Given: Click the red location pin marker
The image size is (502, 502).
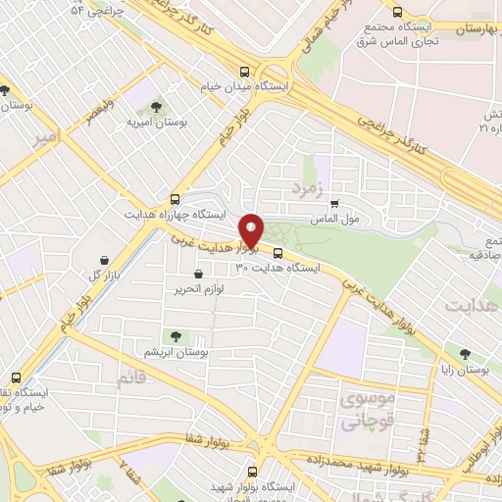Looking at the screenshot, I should (x=253, y=230).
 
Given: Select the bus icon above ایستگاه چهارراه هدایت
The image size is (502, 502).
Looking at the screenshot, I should (x=175, y=197).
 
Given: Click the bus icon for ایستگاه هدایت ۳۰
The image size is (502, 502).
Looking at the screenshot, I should (x=276, y=251).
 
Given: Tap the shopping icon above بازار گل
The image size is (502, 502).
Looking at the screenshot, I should (x=105, y=260).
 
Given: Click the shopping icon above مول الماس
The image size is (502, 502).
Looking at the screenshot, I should (x=334, y=202).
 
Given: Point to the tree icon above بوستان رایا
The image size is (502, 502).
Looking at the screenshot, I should (x=464, y=354).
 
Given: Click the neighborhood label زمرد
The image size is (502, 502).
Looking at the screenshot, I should (x=307, y=184).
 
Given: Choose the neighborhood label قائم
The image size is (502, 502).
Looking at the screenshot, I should (x=133, y=376).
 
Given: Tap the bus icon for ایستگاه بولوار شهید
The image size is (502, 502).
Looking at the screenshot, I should (x=252, y=472).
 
